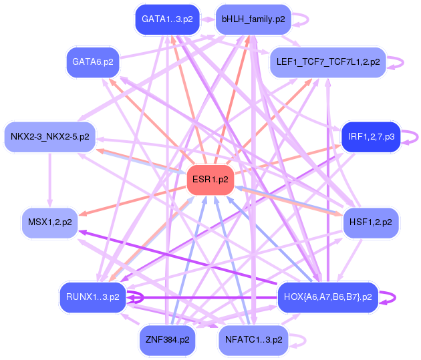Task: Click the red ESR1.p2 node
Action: pyautogui.click(x=210, y=180)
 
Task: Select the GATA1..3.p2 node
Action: pyautogui.click(x=167, y=19)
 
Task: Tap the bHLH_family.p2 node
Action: pyautogui.click(x=253, y=19)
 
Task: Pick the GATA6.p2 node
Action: pyautogui.click(x=93, y=61)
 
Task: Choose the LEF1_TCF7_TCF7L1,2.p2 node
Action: pyautogui.click(x=327, y=62)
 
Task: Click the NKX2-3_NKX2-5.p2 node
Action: pyautogui.click(x=50, y=136)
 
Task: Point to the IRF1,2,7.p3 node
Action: pyautogui.click(x=370, y=136)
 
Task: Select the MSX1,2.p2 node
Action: pyautogui.click(x=50, y=221)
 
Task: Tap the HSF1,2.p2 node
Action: pyautogui.click(x=370, y=221)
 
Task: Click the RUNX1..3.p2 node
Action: pyautogui.click(x=93, y=296)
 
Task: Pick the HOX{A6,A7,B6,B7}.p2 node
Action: pyautogui.click(x=327, y=296)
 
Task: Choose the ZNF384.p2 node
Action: pyautogui.click(x=167, y=339)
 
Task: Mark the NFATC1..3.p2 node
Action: pyautogui.click(x=253, y=339)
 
